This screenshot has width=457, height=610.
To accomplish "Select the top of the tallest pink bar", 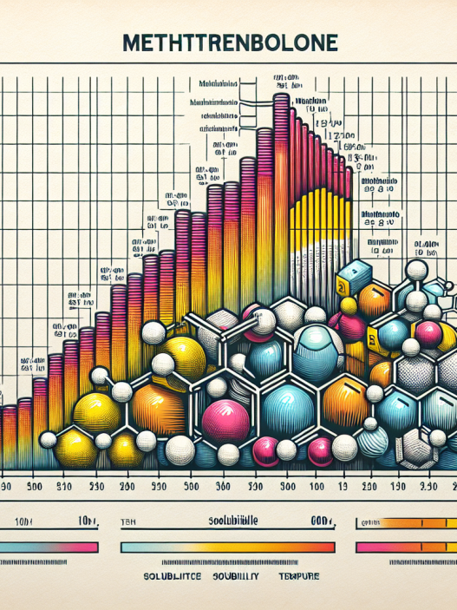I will tap(281, 98).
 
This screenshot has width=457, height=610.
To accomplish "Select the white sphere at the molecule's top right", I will tap(419, 272).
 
